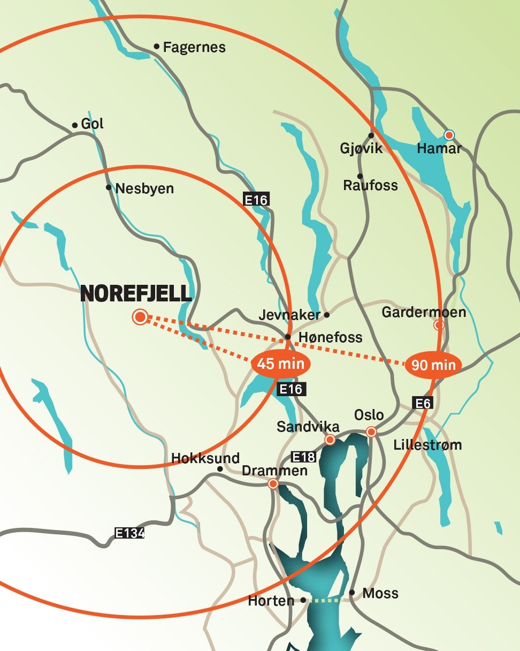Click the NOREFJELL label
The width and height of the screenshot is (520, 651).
(136, 294)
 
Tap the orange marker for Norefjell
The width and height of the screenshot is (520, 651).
(140, 317)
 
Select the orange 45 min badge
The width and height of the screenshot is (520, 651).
(280, 364)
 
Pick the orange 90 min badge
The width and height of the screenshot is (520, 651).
(433, 366)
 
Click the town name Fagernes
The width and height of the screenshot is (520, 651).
(194, 48)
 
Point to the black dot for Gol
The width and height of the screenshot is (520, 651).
(75, 125)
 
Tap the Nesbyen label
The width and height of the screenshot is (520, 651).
(144, 189)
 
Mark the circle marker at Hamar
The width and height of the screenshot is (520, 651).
(449, 134)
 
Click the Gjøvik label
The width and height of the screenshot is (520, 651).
(362, 148)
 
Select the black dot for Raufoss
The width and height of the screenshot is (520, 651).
(360, 176)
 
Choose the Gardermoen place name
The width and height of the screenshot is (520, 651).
(424, 312)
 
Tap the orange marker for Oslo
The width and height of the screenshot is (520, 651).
(371, 432)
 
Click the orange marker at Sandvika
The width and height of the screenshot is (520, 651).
(330, 440)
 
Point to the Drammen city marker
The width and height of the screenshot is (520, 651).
(273, 484)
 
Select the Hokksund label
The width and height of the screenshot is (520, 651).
(205, 458)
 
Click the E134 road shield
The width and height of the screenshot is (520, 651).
(130, 533)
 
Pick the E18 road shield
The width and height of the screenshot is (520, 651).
(303, 457)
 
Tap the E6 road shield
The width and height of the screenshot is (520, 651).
(423, 403)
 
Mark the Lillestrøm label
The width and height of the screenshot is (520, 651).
(427, 445)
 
